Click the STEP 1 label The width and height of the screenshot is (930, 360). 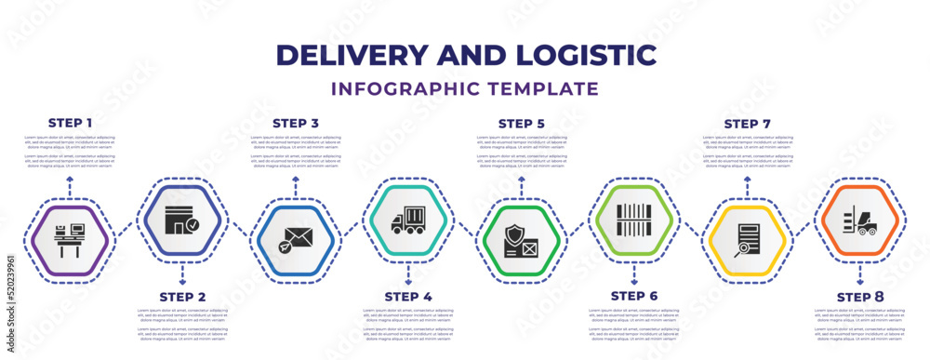[x=71, y=123]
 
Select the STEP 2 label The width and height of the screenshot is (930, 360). [x=183, y=297]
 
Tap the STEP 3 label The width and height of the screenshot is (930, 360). [x=296, y=123]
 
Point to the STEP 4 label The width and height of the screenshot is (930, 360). [x=408, y=297]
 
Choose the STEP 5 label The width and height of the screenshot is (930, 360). [x=522, y=123]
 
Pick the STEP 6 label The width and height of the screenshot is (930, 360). [x=634, y=297]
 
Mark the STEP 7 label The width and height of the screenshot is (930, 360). [x=747, y=123]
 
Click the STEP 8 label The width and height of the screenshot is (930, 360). [x=860, y=297]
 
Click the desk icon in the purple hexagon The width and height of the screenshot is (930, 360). [x=71, y=240]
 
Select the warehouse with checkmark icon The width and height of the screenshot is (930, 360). [x=183, y=221]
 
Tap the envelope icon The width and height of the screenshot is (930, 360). [x=296, y=239]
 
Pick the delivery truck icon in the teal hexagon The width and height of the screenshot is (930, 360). [x=407, y=221]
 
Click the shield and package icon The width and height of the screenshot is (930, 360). [x=521, y=240]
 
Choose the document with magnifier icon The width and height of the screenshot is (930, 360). [x=747, y=239]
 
